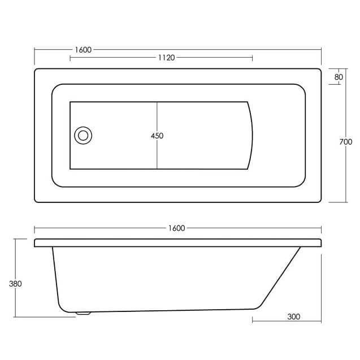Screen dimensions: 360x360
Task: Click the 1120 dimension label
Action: (166, 58)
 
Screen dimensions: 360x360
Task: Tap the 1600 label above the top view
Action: (83, 50)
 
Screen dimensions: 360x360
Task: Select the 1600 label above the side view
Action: (176, 228)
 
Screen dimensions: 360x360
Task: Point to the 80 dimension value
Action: (339, 77)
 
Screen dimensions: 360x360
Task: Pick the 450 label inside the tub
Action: (157, 136)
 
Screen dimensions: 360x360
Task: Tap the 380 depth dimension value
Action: (15, 284)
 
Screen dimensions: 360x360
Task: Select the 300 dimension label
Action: (293, 316)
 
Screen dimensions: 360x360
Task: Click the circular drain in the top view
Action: (83, 135)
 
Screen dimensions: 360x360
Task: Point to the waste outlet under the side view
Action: (83, 311)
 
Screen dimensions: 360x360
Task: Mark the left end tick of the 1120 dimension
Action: (70, 58)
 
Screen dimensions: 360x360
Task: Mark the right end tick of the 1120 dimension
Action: (252, 58)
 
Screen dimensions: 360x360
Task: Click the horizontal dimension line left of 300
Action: (268, 316)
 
